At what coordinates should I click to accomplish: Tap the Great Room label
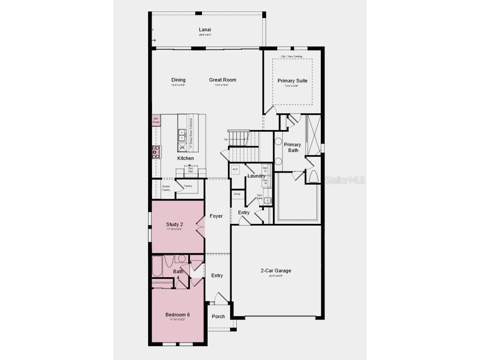(223, 80)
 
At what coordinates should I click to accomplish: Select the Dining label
(179, 80)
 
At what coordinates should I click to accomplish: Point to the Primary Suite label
(292, 81)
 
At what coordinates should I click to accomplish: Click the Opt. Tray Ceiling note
(292, 56)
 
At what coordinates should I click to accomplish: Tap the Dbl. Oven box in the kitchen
(156, 120)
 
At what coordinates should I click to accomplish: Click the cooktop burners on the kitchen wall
(156, 152)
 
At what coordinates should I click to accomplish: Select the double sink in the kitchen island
(182, 135)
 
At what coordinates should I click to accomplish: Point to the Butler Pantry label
(166, 188)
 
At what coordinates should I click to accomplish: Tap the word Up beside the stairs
(226, 139)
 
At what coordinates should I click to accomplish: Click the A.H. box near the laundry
(235, 169)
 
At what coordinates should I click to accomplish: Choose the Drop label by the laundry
(237, 194)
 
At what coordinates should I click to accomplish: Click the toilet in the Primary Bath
(313, 177)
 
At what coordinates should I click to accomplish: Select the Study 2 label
(175, 225)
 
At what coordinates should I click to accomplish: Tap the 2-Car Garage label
(276, 271)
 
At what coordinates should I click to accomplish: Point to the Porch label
(218, 316)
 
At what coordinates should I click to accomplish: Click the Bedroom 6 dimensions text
(178, 319)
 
